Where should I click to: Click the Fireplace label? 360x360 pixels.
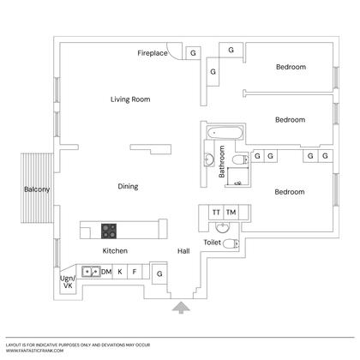click(x=153, y=53)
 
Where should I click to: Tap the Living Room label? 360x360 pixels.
click(x=130, y=99)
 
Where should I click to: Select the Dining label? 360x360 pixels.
click(x=128, y=187)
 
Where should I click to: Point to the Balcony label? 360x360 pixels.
click(x=37, y=189)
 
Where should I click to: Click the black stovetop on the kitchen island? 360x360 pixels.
click(x=109, y=231)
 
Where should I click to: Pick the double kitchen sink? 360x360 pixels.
click(x=91, y=272)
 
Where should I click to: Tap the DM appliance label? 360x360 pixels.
click(x=106, y=272)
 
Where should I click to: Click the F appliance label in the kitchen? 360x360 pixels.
click(x=135, y=272)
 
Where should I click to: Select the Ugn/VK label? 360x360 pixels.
click(x=68, y=282)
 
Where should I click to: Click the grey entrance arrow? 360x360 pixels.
click(x=181, y=308)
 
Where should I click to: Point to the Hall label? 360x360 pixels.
click(x=183, y=251)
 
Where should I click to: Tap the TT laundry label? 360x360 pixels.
click(x=216, y=213)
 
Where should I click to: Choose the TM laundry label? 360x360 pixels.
click(x=231, y=213)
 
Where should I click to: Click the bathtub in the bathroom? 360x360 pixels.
click(x=225, y=133)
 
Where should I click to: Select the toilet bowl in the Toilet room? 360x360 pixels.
click(x=231, y=244)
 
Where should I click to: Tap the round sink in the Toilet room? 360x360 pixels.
click(x=222, y=228)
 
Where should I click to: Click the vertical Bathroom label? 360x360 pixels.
click(x=222, y=162)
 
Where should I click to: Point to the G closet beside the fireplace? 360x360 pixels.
click(x=193, y=53)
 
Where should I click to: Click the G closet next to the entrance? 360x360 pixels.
click(x=159, y=273)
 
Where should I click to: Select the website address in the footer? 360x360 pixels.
click(x=34, y=351)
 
